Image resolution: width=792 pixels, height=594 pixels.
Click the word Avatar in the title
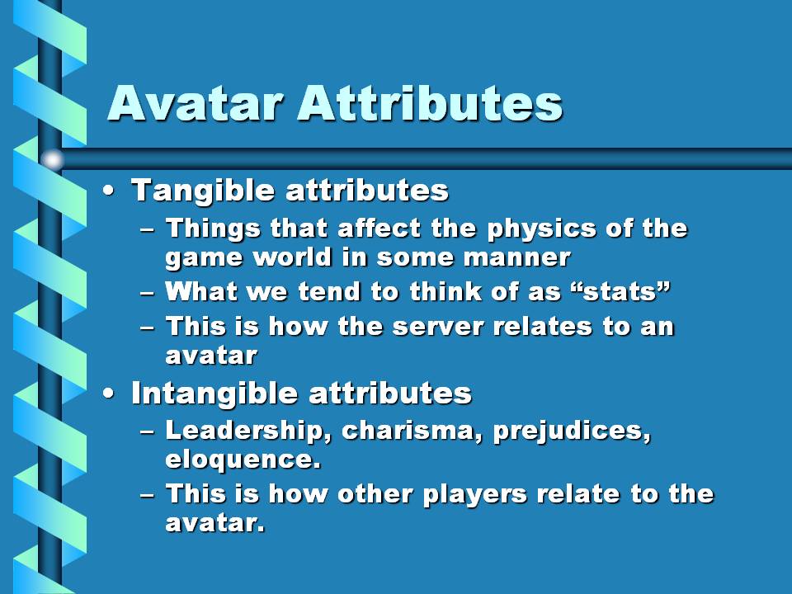[x=194, y=103]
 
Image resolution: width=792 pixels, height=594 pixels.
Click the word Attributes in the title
[x=430, y=103]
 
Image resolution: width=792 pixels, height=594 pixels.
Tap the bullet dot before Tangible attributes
[x=108, y=191]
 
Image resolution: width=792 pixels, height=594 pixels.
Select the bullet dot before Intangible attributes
[x=108, y=394]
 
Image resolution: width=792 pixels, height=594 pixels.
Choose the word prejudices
[x=572, y=431]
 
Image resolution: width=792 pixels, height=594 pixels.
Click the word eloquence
[x=243, y=460]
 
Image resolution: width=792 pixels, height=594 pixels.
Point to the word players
[x=475, y=495]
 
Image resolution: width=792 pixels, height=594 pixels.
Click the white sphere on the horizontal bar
[x=52, y=159]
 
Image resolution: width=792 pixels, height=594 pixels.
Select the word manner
[x=516, y=258]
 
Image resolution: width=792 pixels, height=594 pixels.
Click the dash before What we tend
[x=147, y=294]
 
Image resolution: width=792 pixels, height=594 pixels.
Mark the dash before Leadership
[x=147, y=432]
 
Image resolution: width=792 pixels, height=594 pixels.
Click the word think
[x=445, y=291]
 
